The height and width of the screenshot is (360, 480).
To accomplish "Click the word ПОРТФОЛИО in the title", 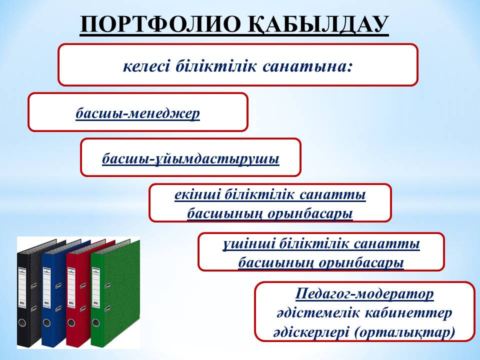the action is pyautogui.click(x=160, y=24).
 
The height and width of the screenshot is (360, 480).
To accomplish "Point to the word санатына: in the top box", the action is pyautogui.click(x=306, y=66).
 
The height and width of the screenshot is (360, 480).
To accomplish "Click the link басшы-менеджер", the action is pyautogui.click(x=138, y=113).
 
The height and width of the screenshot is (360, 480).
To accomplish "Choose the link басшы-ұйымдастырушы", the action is pyautogui.click(x=190, y=159).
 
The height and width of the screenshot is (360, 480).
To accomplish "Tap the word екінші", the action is pyautogui.click(x=198, y=194).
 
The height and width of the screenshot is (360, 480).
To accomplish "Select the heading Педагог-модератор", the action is pyautogui.click(x=364, y=294).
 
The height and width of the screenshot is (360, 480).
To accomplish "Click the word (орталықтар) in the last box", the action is pyautogui.click(x=404, y=332).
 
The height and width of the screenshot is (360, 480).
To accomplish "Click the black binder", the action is pyautogui.click(x=29, y=294).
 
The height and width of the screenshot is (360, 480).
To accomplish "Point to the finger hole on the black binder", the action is pyautogui.click(x=22, y=322).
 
